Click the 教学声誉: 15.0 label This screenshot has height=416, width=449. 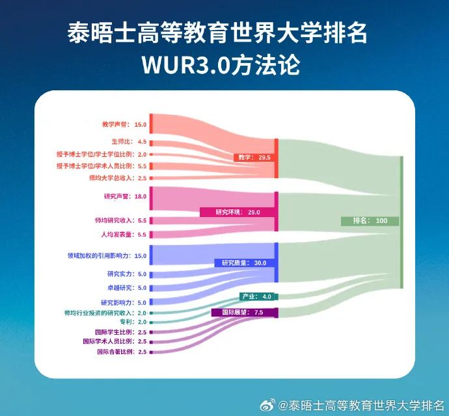pos(124,124)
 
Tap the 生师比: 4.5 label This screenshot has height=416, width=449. pos(129,142)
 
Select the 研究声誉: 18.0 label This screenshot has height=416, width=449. pos(125,196)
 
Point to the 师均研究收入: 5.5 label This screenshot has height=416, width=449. pos(120,220)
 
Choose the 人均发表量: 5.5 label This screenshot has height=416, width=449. pos(124,235)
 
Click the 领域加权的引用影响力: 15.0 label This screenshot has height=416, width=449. pos(107,256)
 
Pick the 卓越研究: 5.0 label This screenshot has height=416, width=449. pos(127,288)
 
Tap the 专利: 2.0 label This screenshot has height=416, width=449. pos(133,322)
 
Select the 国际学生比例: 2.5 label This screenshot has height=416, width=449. pos(121,332)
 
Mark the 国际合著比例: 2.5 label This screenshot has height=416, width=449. pos(122,352)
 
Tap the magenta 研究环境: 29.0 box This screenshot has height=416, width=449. pos(238,213)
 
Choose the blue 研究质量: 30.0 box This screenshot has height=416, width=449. pos(245,263)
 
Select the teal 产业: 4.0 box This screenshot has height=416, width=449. pos(259,296)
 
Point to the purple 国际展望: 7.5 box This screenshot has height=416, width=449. pos(245,313)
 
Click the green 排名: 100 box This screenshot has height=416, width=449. pos(370,221)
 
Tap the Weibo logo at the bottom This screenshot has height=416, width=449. pos(267,406)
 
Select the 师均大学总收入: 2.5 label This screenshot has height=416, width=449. pos(118,178)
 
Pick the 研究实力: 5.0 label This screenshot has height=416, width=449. pos(127,274)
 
